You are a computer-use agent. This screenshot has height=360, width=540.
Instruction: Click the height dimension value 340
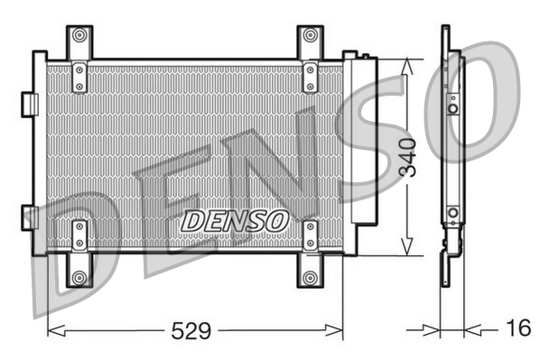pyautogui.click(x=408, y=156)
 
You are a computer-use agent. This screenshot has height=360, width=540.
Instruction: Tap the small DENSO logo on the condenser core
pyautogui.click(x=235, y=220)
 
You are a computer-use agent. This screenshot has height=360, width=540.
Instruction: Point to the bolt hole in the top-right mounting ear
pyautogui.click(x=311, y=35)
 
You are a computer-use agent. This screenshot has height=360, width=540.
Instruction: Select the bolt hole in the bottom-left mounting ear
pyautogui.click(x=79, y=276)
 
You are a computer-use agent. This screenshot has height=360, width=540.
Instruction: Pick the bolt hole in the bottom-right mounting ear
pyautogui.click(x=311, y=276)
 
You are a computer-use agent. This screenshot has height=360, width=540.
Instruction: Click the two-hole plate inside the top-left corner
pyautogui.click(x=79, y=76)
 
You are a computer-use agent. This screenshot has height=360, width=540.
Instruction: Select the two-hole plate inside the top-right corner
pyautogui.click(x=311, y=76)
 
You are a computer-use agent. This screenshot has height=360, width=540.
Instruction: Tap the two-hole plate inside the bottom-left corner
pyautogui.click(x=79, y=235)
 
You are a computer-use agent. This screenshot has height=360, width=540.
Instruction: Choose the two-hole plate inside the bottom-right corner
pyautogui.click(x=311, y=235)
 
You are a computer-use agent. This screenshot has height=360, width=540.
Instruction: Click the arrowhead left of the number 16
pyautogui.click(x=470, y=330)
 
